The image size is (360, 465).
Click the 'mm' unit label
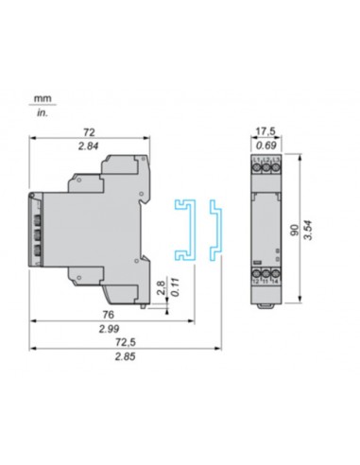tap(43, 97)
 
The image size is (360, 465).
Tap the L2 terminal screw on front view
tap(266, 169)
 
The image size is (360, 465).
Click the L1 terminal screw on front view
tap(256, 169)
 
